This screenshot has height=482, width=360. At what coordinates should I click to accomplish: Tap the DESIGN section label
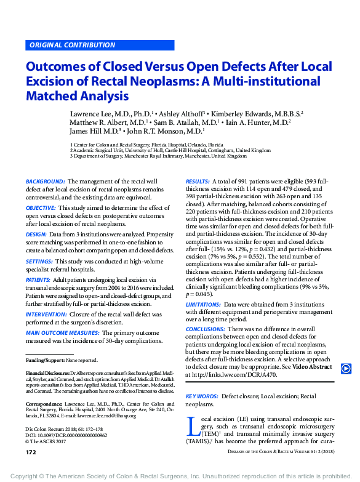click(36, 235)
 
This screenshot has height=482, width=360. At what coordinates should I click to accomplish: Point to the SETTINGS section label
click(39, 261)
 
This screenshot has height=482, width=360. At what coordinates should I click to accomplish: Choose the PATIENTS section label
click(39, 279)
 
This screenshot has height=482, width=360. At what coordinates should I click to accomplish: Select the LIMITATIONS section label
click(203, 303)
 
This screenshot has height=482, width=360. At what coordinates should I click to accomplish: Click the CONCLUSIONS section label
click(206, 330)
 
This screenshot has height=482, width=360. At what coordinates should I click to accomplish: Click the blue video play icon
click(346, 369)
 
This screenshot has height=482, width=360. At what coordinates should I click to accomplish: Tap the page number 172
click(31, 452)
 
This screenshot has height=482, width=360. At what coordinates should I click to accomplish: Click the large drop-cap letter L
click(191, 428)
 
